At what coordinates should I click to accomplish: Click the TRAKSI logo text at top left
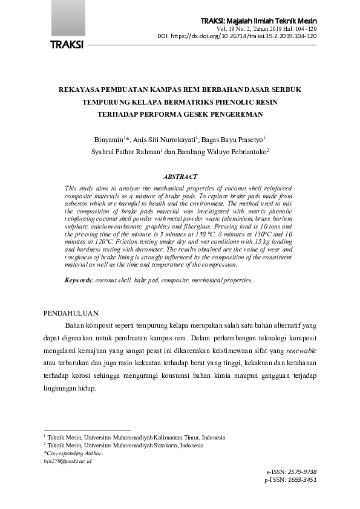[67, 45]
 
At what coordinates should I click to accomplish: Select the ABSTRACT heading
[180, 177]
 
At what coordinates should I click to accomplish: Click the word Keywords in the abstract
[78, 280]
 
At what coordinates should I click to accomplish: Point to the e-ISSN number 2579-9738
[303, 472]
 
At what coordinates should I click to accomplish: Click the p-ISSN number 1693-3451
[303, 479]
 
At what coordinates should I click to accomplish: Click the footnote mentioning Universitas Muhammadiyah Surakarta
[125, 445]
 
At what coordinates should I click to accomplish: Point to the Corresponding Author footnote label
[74, 453]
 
